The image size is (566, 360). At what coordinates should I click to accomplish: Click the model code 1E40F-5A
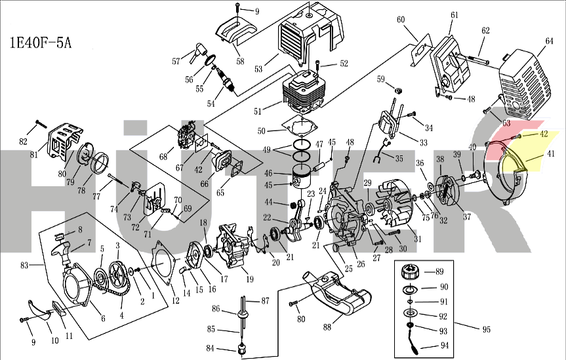coord(41,44)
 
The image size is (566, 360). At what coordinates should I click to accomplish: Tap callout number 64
coord(548,41)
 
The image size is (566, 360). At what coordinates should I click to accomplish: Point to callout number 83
coord(25,264)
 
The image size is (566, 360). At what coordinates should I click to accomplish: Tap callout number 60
coord(401,20)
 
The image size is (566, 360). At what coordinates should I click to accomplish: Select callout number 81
coord(33,155)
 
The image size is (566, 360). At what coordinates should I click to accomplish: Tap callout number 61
coord(454,14)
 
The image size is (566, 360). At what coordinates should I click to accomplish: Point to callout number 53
coord(258,68)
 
